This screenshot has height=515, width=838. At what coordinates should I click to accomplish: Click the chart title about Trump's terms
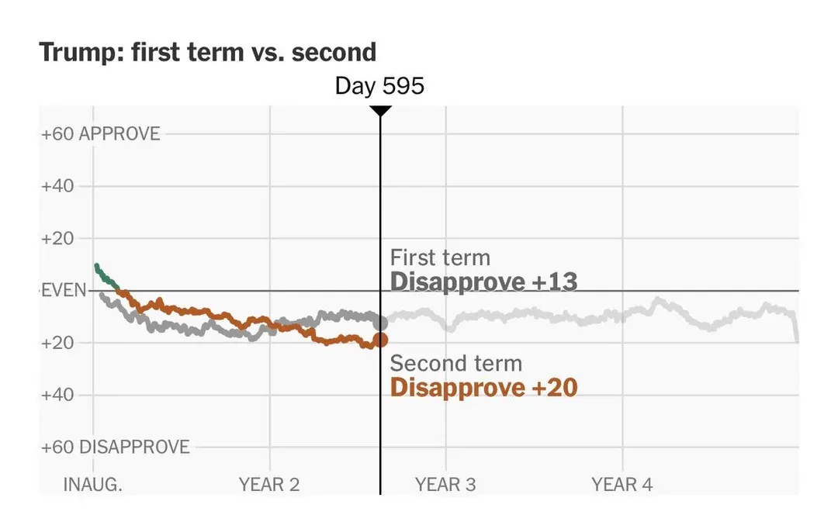click(x=207, y=53)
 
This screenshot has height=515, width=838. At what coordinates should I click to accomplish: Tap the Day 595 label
click(x=379, y=85)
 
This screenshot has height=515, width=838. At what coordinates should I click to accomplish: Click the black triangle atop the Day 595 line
click(x=380, y=111)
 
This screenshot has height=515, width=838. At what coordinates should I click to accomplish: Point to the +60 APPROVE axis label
click(x=100, y=133)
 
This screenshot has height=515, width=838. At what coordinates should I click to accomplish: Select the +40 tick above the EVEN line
click(x=57, y=186)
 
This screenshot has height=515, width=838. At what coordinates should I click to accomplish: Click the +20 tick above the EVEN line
click(x=57, y=238)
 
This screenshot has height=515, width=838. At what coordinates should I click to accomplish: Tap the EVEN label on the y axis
click(x=64, y=291)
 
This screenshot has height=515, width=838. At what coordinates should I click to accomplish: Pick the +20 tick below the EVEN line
click(x=57, y=343)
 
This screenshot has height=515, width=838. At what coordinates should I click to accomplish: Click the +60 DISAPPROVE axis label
click(x=116, y=447)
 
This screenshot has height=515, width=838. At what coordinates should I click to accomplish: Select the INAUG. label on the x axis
click(x=92, y=484)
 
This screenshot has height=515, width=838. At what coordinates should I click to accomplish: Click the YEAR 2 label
click(x=268, y=484)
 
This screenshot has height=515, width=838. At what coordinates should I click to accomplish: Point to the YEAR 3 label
click(x=445, y=484)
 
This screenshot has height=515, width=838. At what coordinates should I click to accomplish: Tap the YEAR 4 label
click(x=622, y=484)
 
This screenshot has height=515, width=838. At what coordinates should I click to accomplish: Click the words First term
click(x=440, y=257)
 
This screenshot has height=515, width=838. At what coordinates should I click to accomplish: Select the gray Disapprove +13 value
click(x=483, y=282)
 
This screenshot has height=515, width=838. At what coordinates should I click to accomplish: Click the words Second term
click(x=456, y=363)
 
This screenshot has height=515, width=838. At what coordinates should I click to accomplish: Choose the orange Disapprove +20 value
click(x=483, y=387)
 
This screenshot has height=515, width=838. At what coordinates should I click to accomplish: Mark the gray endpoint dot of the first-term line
click(x=380, y=323)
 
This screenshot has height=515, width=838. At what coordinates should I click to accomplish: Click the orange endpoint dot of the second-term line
click(x=380, y=340)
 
